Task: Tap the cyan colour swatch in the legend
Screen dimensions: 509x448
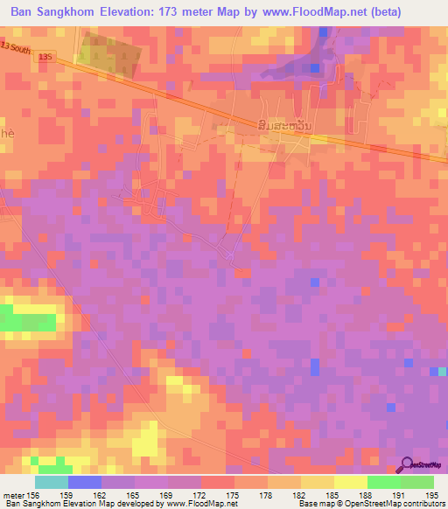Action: pyautogui.click(x=51, y=482)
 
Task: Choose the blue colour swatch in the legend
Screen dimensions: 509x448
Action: pyautogui.click(x=84, y=482)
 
